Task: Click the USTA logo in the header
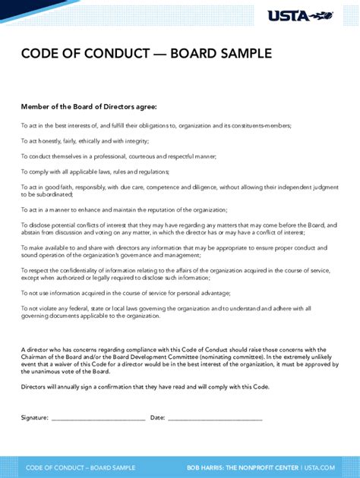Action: pyautogui.click(x=298, y=15)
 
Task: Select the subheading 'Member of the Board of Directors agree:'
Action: pyautogui.click(x=89, y=107)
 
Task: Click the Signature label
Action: pyautogui.click(x=35, y=417)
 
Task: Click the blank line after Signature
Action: pyautogui.click(x=98, y=419)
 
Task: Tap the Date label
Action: pyautogui.click(x=157, y=417)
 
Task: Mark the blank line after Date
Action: pyautogui.click(x=215, y=419)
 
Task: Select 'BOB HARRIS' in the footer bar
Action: pyautogui.click(x=207, y=466)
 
